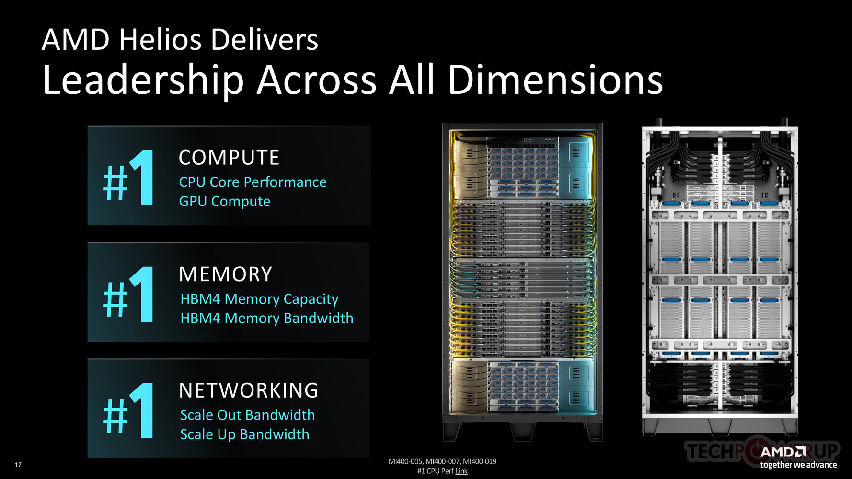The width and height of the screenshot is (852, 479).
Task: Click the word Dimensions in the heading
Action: [x=555, y=80]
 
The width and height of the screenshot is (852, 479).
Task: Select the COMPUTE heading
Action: [x=229, y=158]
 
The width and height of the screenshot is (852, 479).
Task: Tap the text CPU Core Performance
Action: [x=253, y=182]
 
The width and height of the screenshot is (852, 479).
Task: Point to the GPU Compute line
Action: [x=225, y=201]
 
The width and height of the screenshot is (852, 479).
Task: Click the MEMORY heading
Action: [x=225, y=274]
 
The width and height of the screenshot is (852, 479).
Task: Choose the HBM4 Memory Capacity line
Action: [x=259, y=299]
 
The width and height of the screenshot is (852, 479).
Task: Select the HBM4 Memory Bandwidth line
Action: [x=266, y=318]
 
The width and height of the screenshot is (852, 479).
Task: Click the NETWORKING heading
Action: [x=248, y=390]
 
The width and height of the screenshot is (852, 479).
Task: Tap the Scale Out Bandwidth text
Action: [x=247, y=415]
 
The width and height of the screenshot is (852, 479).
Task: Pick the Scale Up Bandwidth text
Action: [x=244, y=434]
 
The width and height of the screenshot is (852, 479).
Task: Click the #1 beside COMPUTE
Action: [x=128, y=178]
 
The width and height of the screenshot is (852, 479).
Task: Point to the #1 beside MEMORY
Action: [x=128, y=295]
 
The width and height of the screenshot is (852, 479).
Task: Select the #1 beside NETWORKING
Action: [x=128, y=411]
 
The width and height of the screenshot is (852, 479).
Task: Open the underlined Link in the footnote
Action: [x=461, y=471]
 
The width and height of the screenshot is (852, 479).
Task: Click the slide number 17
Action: [x=18, y=465]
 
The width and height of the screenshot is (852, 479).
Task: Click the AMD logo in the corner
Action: [x=783, y=452]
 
